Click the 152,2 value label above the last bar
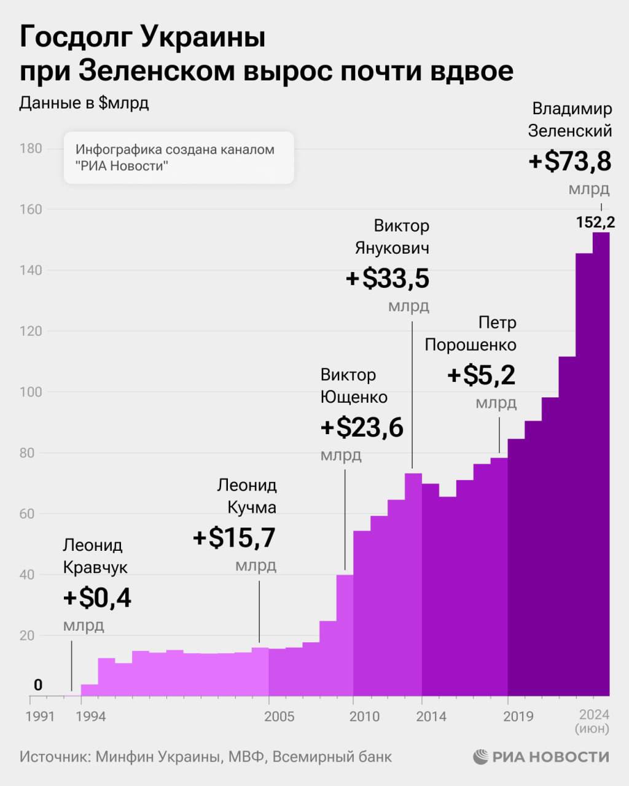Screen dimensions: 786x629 point(595,222)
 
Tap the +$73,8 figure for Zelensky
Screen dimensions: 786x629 point(569,161)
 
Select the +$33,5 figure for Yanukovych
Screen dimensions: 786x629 point(387,279)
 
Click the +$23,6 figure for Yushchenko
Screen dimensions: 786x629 point(362,428)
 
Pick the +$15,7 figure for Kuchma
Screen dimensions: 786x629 point(234,538)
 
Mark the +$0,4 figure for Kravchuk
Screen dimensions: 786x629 point(97,598)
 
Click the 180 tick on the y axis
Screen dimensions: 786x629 point(30,149)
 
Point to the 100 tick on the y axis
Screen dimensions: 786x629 point(30,392)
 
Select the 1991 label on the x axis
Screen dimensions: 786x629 point(40,717)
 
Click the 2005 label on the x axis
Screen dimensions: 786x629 point(279,717)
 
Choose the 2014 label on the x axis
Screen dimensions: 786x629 point(431,717)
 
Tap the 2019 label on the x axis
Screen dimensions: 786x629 point(518,717)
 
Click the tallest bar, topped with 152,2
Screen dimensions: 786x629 point(601,467)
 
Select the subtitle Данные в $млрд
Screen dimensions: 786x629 point(84,103)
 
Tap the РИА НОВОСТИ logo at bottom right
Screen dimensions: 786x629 point(541,756)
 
